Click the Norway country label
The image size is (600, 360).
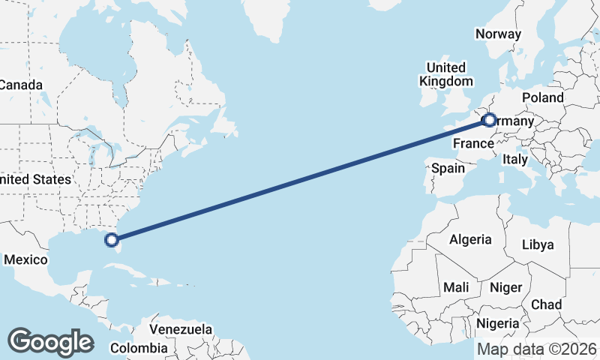point(498,34)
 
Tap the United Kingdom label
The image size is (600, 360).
point(446,74)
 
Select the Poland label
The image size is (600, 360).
point(544,98)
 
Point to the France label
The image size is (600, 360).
point(472,143)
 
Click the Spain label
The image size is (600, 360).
point(448,169)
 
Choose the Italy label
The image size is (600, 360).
point(515,160)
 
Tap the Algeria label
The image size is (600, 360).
point(470,240)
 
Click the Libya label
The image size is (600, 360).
point(537,244)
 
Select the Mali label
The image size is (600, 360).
point(456,287)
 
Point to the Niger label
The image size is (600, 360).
point(505,287)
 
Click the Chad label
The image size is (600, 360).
point(546,304)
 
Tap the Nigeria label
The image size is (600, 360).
point(497,323)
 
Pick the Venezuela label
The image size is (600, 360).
point(181,329)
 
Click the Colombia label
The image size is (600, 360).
point(139,348)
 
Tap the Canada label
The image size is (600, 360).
point(21,85)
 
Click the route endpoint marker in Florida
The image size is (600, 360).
point(112,240)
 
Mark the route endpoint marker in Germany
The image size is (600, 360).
point(489,119)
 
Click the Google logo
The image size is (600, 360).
point(50,341)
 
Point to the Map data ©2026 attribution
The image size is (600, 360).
point(537,349)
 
